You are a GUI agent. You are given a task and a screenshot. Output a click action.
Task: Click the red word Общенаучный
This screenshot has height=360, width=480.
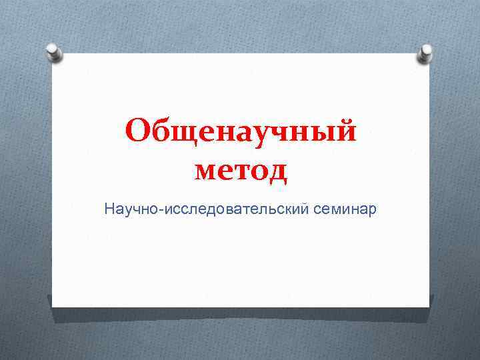241,131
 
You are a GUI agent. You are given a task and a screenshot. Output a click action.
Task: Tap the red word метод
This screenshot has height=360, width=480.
241,171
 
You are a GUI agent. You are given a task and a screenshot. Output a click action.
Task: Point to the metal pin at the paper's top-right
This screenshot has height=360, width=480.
425,54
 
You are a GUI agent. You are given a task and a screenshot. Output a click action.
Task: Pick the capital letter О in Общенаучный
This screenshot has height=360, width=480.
138,131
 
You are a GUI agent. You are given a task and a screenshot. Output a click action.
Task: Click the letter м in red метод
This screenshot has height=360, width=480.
207,171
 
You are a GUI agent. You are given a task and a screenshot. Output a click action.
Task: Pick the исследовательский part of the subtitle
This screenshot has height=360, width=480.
231,209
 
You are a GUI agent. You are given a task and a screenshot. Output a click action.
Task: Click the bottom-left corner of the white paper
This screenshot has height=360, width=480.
53,307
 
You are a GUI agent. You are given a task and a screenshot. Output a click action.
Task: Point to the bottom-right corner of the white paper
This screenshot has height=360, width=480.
429,307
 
